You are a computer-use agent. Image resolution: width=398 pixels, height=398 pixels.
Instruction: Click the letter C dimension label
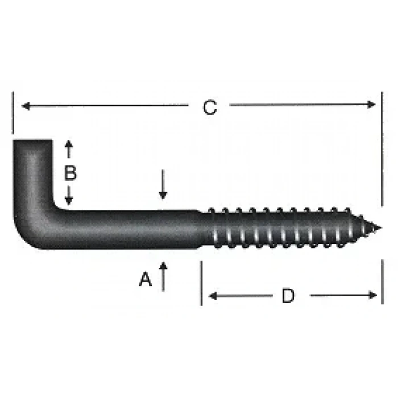pyautogui.click(x=210, y=107)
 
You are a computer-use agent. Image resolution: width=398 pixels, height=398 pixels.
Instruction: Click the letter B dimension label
pyautogui.click(x=69, y=173)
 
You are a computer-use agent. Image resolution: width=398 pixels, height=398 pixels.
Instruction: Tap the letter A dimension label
pyautogui.click(x=146, y=279)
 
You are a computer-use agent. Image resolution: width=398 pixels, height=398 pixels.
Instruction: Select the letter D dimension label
pyautogui.click(x=288, y=296)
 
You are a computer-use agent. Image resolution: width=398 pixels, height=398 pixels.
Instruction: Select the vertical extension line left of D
pyautogui.click(x=201, y=283)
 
